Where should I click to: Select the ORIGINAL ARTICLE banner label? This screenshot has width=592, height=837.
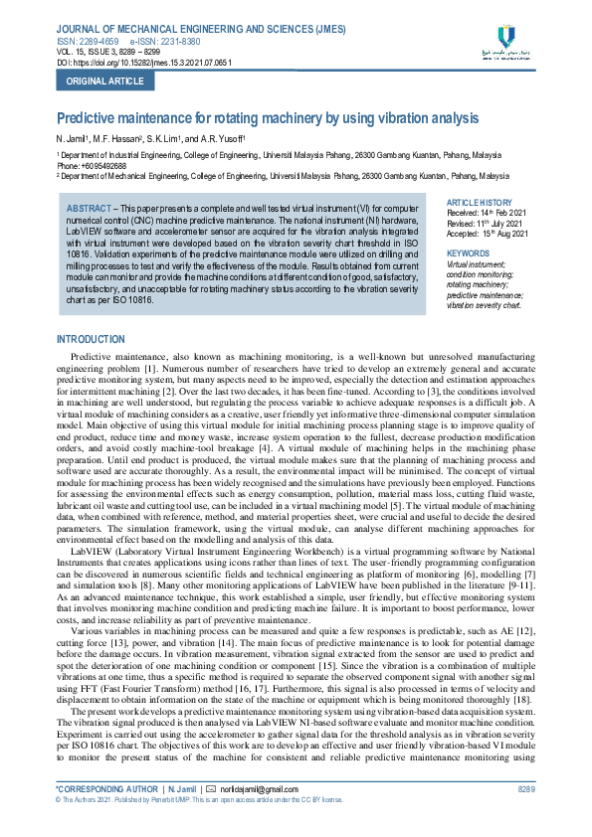coord(89,82)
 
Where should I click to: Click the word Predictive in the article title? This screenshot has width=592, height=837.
coord(87,117)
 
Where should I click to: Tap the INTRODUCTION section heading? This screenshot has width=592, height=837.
coord(92,340)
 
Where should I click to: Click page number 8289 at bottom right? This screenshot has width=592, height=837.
coord(526,816)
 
